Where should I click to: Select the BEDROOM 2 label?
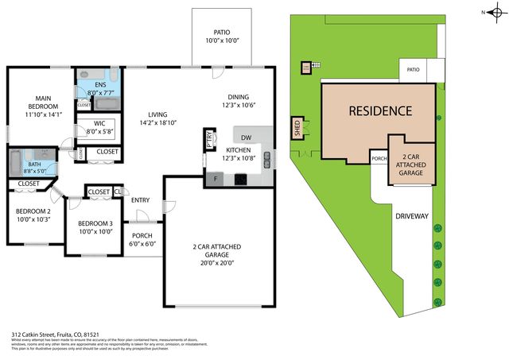point(33,211)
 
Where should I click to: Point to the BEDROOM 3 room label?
point(95,223)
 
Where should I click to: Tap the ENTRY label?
point(141,199)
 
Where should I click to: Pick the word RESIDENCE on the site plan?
point(381,111)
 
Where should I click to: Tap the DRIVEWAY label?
point(412,215)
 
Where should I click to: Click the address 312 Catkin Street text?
point(38,335)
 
